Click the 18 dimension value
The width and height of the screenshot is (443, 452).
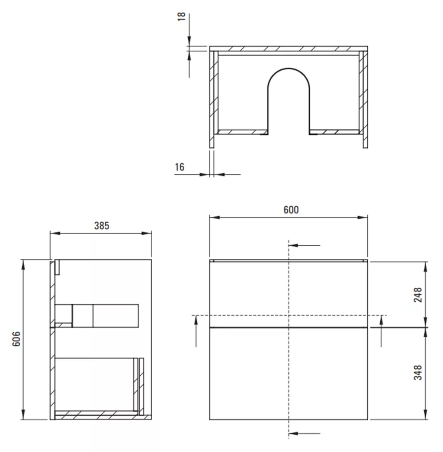tap(181, 17)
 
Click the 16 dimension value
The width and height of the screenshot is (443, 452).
tap(180, 167)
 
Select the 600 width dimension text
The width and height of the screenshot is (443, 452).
tap(291, 210)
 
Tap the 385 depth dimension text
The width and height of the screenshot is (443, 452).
tap(102, 225)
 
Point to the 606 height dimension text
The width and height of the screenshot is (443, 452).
tap(17, 339)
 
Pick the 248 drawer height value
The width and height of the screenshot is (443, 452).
tap(417, 295)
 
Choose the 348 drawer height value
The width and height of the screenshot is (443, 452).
tap(417, 372)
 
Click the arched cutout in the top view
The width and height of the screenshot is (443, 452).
tap(289, 68)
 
